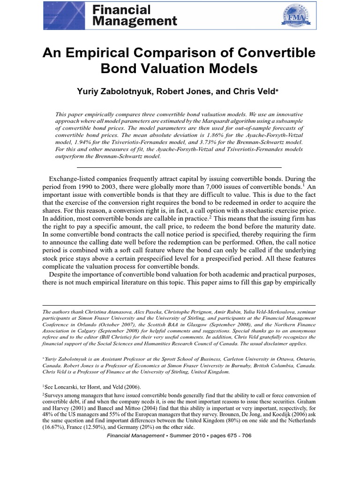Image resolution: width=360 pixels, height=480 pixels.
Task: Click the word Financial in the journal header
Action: coord(121,10)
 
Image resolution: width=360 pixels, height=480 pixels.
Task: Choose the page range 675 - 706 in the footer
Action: coord(227,435)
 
